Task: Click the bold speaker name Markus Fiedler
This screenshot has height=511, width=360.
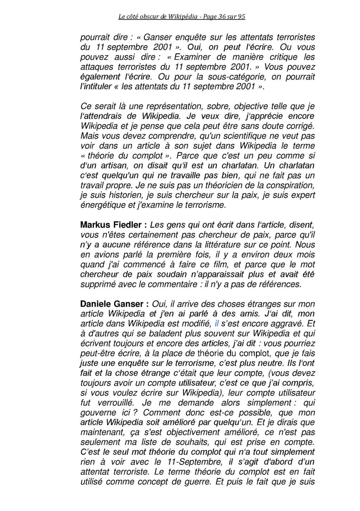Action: point(111,225)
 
